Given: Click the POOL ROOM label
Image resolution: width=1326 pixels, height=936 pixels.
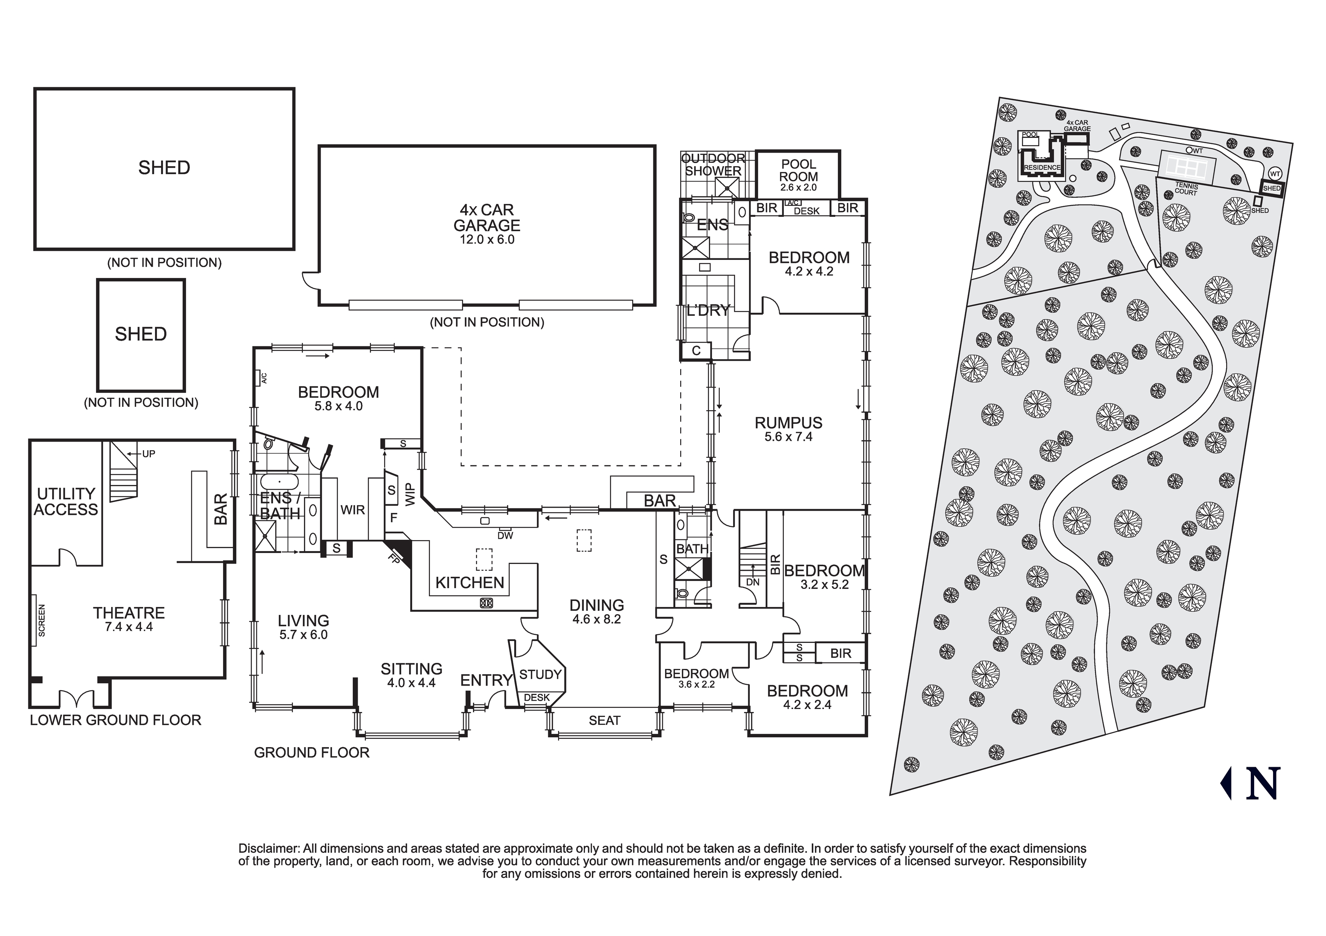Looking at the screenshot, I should tap(798, 170).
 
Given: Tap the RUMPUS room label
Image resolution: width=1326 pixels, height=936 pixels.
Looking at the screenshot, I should tap(788, 423).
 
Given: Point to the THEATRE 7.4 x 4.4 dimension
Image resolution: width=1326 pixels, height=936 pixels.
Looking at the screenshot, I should tap(129, 627).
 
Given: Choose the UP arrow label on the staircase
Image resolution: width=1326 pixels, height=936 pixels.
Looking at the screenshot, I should tap(149, 454).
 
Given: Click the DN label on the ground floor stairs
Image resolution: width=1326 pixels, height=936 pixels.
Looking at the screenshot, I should tap(752, 582).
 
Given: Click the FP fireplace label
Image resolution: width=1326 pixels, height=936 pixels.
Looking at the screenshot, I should tap(394, 559).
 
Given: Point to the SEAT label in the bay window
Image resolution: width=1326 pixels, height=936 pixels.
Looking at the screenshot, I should tap(604, 720).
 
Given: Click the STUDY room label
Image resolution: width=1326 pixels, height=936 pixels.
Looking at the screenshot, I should tap(540, 674).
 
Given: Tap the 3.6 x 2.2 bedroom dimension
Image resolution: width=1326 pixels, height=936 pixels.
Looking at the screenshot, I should tap(696, 684).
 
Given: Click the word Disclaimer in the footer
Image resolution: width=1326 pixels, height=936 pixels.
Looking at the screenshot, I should tap(268, 849).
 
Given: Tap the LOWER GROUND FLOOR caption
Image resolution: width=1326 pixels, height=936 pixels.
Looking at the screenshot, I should tap(115, 720).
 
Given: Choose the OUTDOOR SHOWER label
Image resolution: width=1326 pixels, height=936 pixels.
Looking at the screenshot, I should tap(713, 164).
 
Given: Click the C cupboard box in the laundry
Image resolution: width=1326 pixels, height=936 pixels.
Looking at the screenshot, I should tap(696, 350).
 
